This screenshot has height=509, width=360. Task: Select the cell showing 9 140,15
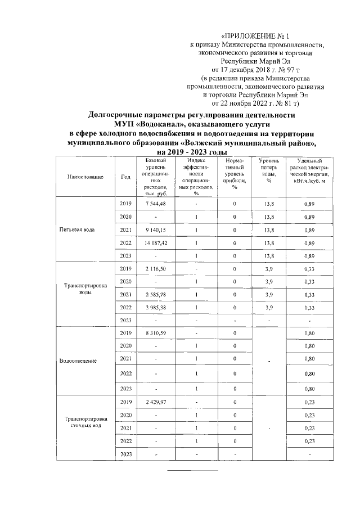[155, 230]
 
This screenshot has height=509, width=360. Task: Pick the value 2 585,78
[155, 294]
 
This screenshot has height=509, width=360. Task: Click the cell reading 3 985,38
[155, 308]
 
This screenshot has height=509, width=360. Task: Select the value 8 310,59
[155, 334]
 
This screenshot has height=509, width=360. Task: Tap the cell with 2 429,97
[155, 402]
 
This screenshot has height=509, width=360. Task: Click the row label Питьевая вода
[82, 230]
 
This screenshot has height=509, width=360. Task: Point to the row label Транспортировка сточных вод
[85, 422]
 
